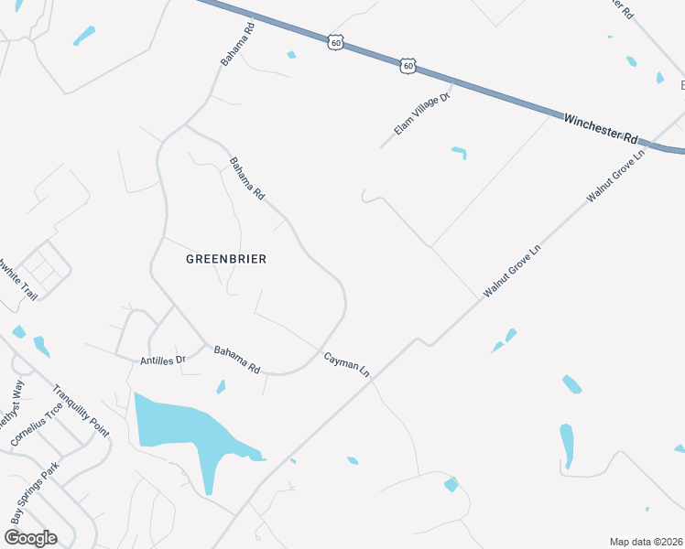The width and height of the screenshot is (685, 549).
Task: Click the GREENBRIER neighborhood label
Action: point(226,259)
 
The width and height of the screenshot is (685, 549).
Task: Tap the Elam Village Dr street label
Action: point(423,114)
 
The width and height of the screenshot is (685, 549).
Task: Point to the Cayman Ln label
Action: point(346,364)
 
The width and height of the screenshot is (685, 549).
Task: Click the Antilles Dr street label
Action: point(163,360)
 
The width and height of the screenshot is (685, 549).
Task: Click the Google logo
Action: point(29,537)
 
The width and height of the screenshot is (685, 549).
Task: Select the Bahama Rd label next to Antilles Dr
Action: point(237,360)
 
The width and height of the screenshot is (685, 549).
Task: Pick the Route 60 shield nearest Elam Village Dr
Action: point(408,66)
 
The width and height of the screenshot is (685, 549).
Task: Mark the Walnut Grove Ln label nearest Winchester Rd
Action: point(616,174)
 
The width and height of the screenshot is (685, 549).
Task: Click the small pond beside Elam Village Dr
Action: point(459,152)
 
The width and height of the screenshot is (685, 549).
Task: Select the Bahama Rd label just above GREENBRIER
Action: point(246,178)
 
